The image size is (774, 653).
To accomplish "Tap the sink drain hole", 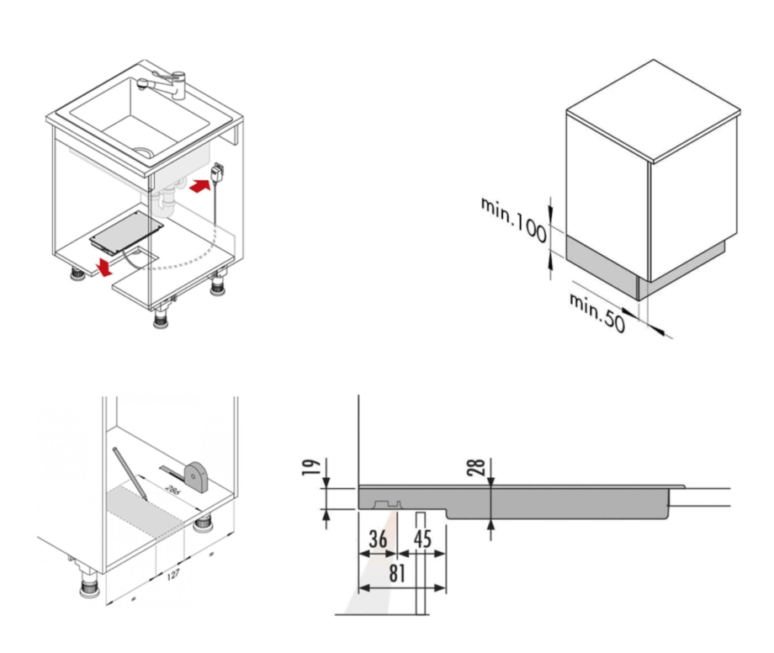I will click(145, 153).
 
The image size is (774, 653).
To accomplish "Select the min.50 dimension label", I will click(598, 311).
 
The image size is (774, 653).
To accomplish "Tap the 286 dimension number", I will click(172, 490).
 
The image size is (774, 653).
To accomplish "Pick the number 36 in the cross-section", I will click(379, 539).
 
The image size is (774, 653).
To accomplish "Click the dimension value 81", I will click(397, 573).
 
